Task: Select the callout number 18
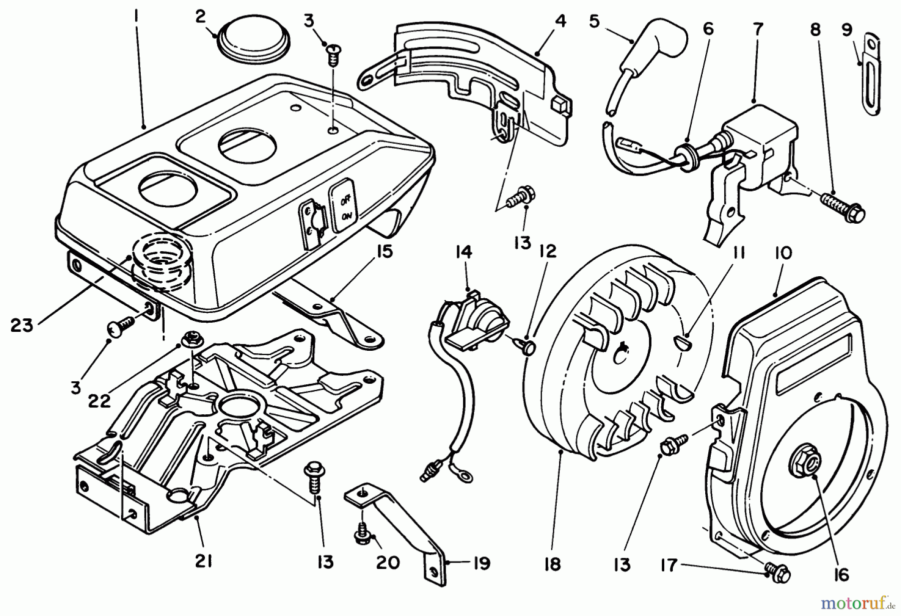point(552,563)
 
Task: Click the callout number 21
point(203,562)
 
